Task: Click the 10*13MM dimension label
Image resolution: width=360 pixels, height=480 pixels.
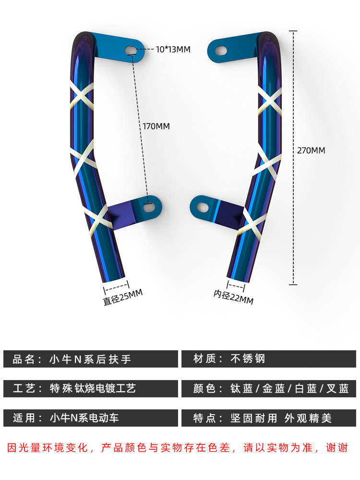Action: point(173,49)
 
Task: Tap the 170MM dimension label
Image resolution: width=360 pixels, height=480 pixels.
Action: point(156,126)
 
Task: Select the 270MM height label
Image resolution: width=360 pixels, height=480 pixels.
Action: point(311,150)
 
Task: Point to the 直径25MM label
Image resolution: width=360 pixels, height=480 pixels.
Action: point(123,297)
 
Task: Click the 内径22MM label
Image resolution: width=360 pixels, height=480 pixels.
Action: point(233,297)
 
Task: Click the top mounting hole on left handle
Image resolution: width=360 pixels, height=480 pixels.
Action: point(132,49)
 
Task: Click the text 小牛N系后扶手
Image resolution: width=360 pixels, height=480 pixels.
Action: point(90,359)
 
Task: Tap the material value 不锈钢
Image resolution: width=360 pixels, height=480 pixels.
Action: point(248,358)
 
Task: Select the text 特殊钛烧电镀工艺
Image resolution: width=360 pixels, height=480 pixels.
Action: point(93,388)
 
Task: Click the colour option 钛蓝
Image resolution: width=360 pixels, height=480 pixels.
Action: point(241,389)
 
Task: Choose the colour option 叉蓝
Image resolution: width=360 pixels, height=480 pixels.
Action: point(337,389)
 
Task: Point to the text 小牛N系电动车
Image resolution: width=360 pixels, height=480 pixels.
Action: point(84,418)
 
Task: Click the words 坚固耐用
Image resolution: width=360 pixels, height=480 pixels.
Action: point(254,418)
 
